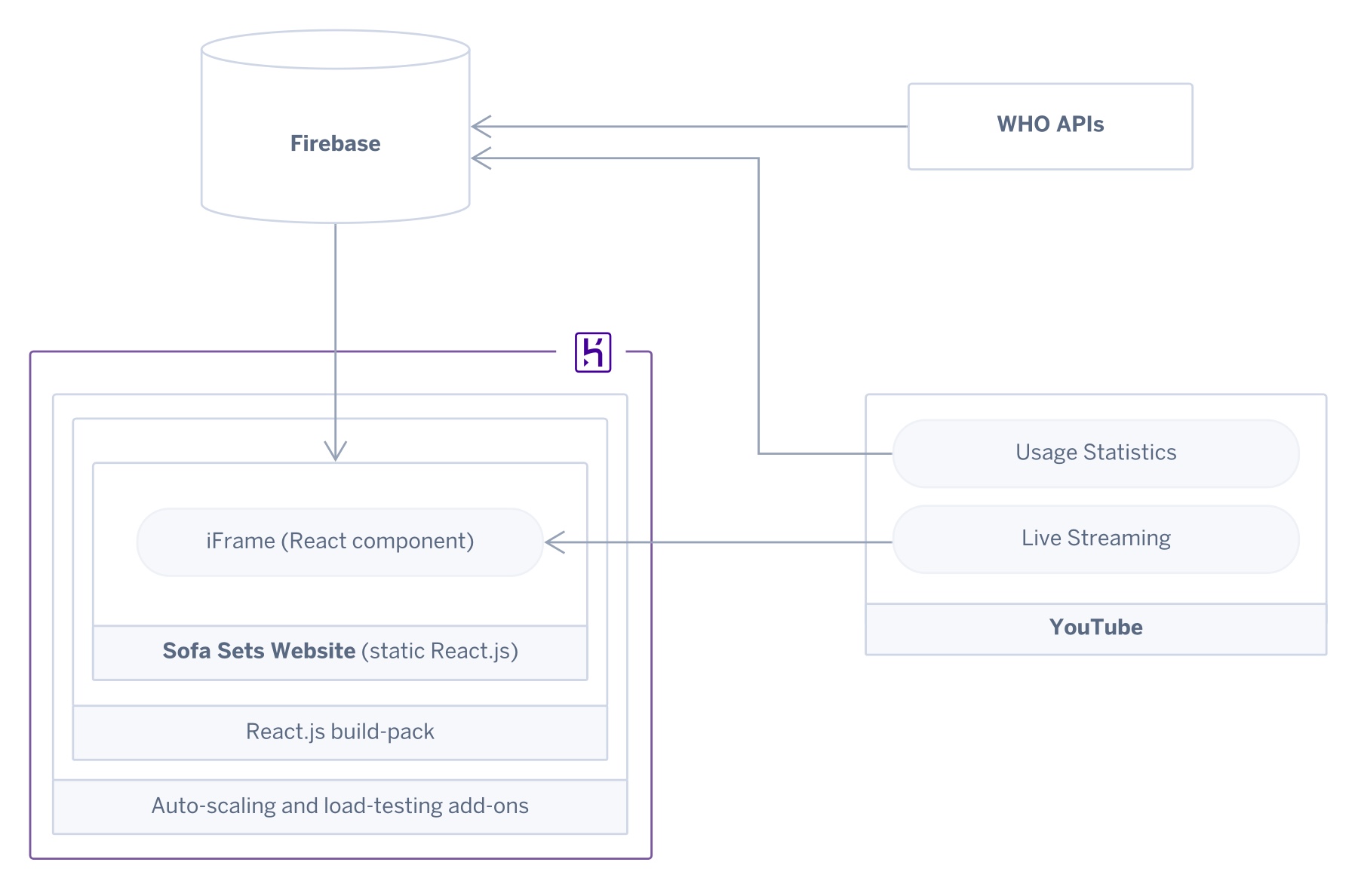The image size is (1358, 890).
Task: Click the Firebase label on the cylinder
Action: tap(335, 143)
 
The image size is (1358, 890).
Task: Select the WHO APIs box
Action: tap(1049, 126)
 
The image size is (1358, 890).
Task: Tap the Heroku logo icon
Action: tap(593, 352)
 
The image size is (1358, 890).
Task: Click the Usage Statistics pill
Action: tap(1095, 453)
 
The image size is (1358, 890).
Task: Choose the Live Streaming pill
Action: tap(1095, 539)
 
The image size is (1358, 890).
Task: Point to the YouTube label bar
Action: tap(1095, 628)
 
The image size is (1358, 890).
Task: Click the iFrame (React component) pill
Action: tap(339, 542)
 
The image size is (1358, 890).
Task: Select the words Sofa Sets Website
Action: tap(259, 651)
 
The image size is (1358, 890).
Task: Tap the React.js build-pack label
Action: tap(339, 732)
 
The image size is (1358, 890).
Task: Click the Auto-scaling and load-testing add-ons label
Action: tap(339, 806)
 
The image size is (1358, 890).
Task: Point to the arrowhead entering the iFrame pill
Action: tap(555, 542)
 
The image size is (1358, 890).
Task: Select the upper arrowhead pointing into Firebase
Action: tap(481, 127)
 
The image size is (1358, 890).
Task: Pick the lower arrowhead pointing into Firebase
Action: tap(481, 158)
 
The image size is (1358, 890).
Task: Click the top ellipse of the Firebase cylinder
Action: tap(335, 50)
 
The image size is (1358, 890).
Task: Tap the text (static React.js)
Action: tap(440, 651)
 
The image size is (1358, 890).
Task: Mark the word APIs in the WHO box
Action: tap(1080, 124)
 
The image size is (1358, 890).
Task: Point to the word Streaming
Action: tap(1119, 539)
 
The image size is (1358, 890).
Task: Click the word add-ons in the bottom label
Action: tap(488, 806)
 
